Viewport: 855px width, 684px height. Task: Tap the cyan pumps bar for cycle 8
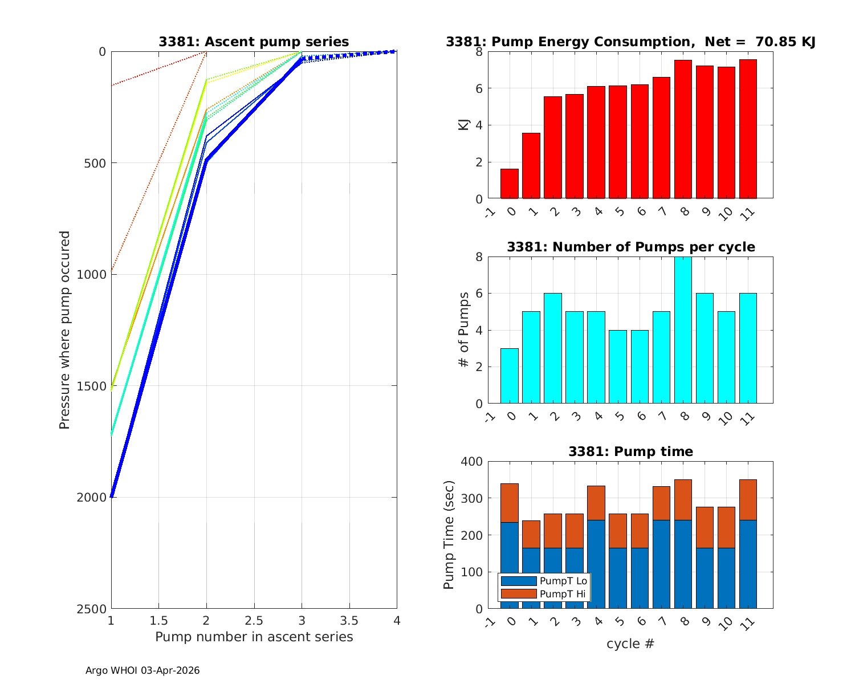coord(683,330)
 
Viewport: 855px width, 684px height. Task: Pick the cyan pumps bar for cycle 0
coord(510,376)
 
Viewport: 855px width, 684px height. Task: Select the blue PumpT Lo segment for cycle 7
coord(661,564)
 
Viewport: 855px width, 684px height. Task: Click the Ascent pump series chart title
coord(254,42)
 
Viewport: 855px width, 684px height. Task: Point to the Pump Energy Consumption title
coord(630,42)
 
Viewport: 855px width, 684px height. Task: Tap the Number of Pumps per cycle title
coord(630,247)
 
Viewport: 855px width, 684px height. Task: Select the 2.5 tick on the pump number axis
coord(254,620)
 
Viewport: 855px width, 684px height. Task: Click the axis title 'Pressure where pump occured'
coord(65,330)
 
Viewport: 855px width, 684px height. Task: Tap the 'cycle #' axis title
coord(630,644)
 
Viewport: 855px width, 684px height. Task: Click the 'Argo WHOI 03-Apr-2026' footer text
coord(142,670)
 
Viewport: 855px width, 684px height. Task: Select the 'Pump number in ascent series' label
coord(254,637)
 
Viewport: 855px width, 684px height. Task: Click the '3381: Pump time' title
coord(630,451)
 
